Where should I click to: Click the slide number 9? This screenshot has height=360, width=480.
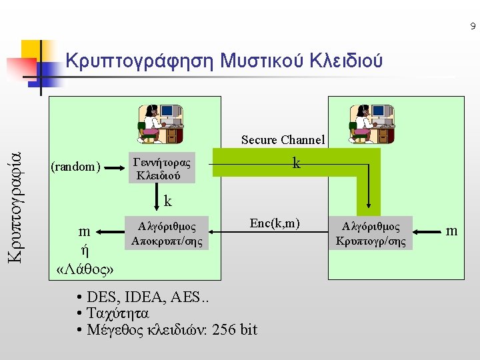473,27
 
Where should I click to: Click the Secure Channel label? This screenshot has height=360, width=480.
283,140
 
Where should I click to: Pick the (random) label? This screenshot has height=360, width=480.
76,167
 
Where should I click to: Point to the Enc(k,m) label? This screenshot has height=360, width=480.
275,223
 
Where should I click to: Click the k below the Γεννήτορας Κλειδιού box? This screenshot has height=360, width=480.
168,200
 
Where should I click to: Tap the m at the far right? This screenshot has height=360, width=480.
452,231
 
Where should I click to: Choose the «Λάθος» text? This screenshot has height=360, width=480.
85,269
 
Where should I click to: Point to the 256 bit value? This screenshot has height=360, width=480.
234,329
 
